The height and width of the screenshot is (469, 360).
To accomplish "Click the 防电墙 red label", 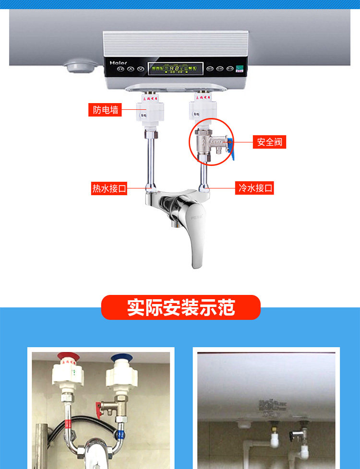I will pyautogui.click(x=105, y=110).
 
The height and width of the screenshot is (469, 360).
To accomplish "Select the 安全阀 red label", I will pyautogui.click(x=269, y=142).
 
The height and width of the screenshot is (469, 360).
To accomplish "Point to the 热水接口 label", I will pyautogui.click(x=109, y=188).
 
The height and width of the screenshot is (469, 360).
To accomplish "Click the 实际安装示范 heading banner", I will pyautogui.click(x=180, y=307).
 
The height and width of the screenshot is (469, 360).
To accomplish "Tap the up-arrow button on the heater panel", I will pyautogui.click(x=130, y=69).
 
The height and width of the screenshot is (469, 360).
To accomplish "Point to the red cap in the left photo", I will pyautogui.click(x=69, y=358).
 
